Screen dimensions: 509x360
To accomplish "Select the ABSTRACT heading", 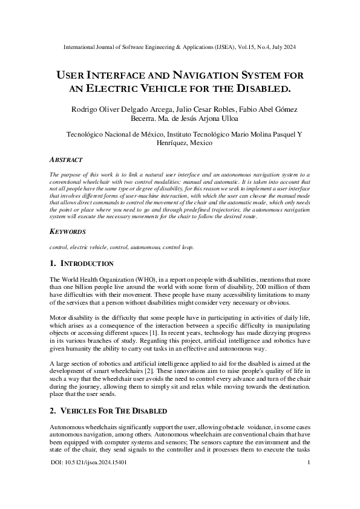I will [x=65, y=160].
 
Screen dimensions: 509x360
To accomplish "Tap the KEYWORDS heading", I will [x=67, y=232].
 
